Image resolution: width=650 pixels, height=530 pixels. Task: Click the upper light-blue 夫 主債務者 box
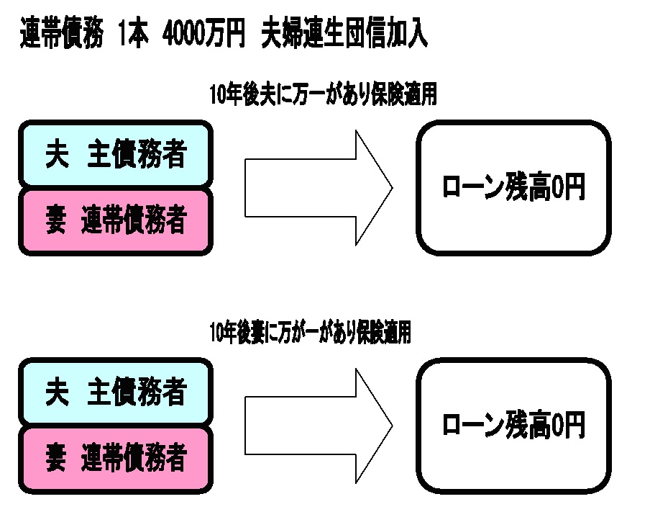(x=116, y=155)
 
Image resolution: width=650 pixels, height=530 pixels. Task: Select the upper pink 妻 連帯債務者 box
(x=116, y=220)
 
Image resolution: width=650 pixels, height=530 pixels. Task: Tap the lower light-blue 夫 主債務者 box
(x=116, y=393)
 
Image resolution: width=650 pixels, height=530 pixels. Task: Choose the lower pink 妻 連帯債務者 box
(x=116, y=457)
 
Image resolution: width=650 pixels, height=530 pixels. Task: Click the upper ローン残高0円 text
(x=513, y=189)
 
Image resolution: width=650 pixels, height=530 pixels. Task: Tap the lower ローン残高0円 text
(x=513, y=426)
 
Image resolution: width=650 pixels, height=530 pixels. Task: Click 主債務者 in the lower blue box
(x=137, y=393)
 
